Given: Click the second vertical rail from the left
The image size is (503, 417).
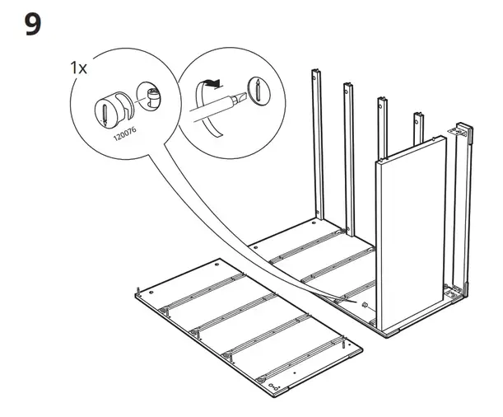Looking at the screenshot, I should [349, 157].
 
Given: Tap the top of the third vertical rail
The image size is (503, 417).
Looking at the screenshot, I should [383, 103].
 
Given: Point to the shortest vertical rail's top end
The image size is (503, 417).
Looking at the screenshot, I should [417, 115].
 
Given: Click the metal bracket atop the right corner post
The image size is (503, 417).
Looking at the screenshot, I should [463, 131].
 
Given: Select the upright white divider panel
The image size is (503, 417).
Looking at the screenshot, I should [408, 235].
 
